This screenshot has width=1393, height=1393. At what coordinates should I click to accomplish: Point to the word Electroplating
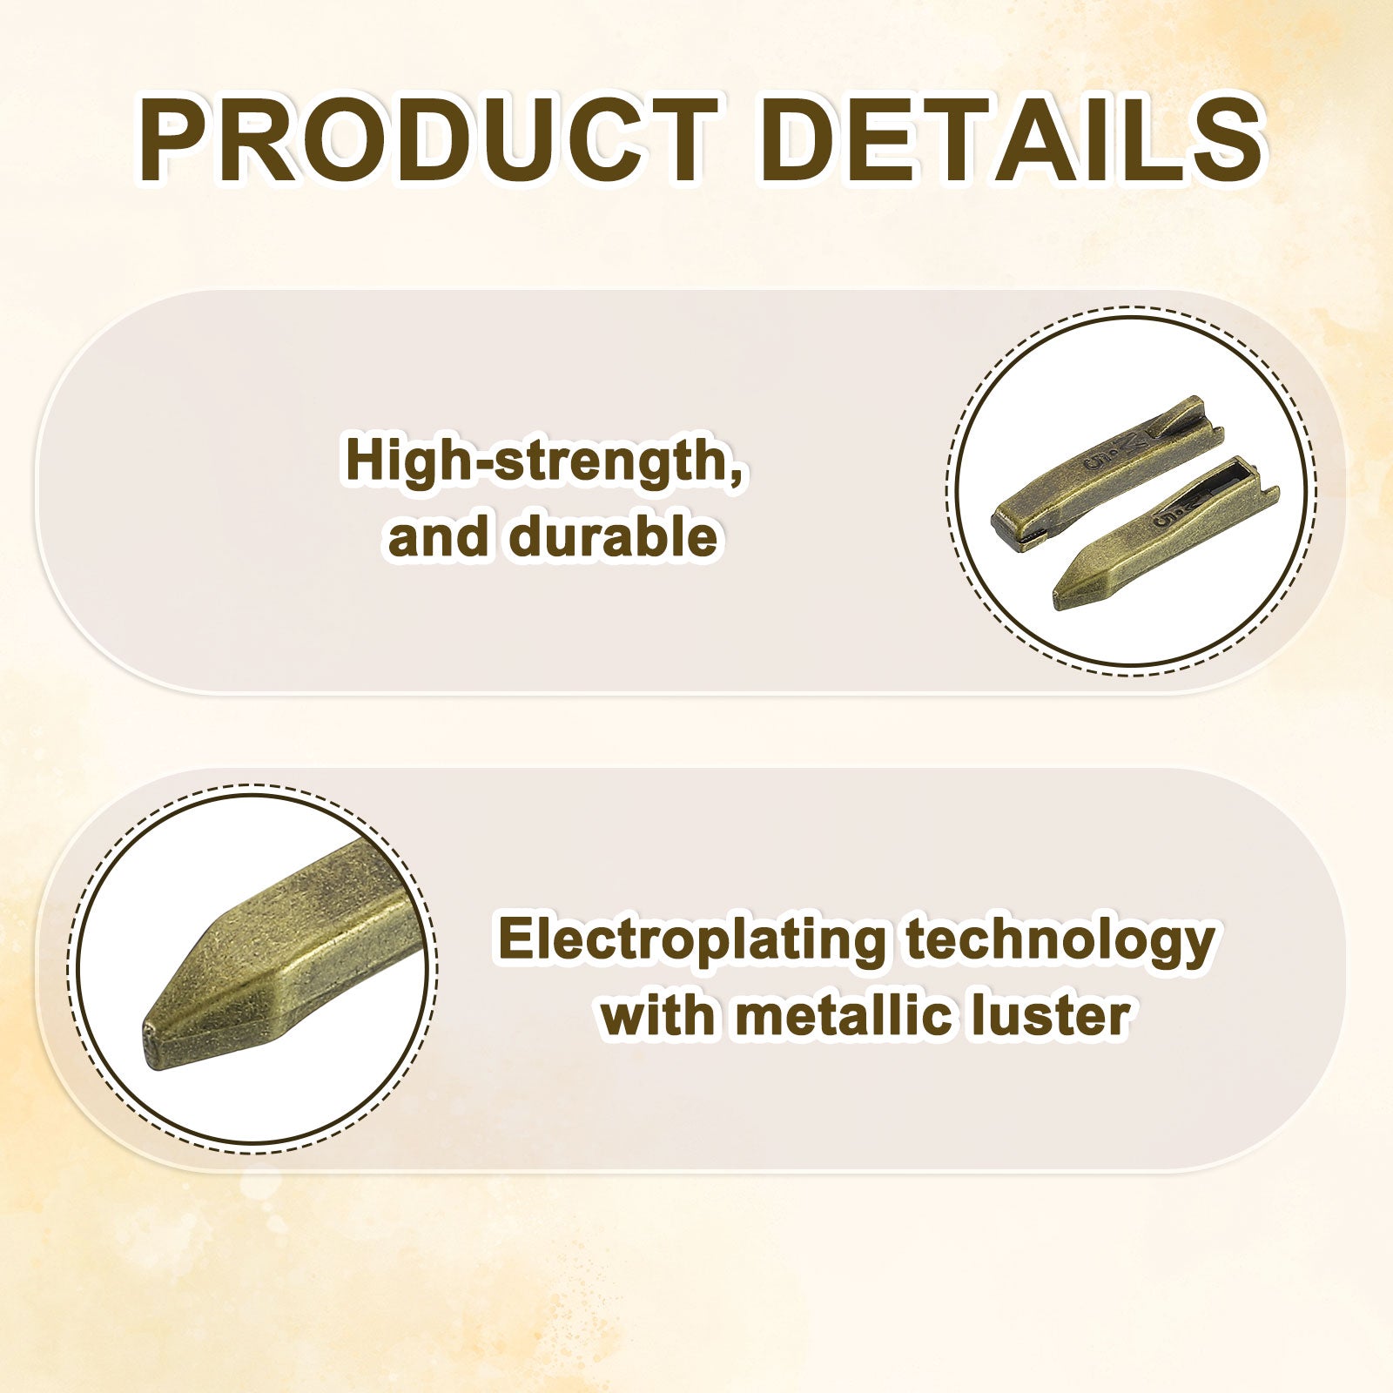tap(692, 941)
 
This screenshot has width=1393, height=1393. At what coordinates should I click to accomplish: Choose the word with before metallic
tap(660, 1015)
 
